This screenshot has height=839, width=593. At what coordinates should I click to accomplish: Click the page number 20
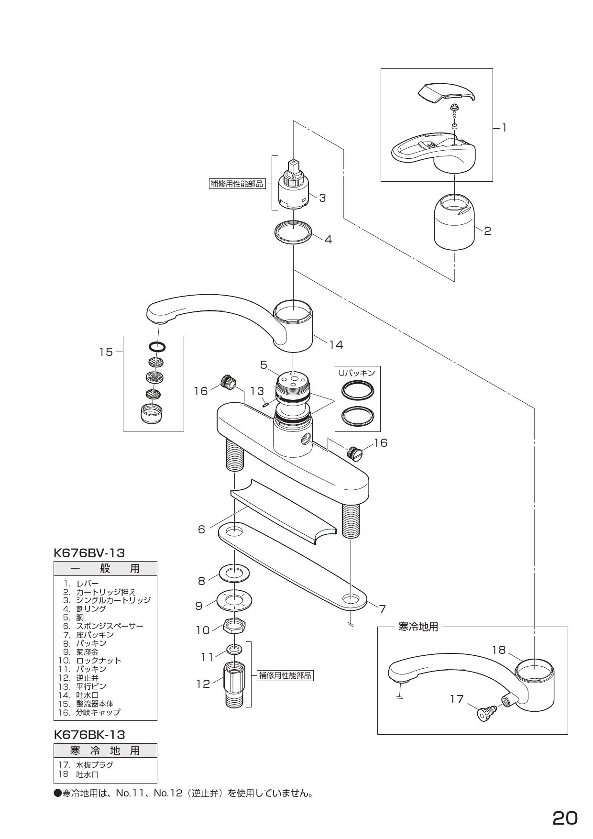tap(565, 805)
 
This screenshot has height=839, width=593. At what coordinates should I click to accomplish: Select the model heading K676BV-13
tap(89, 553)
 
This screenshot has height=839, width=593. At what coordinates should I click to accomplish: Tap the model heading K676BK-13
tap(89, 734)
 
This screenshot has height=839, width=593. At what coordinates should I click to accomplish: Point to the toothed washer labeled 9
tap(234, 600)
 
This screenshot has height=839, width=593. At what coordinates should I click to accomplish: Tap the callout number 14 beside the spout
tap(336, 344)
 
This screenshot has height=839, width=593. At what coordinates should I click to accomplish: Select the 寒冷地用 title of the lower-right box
tap(418, 627)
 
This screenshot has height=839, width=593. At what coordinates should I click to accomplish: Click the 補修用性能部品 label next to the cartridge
tap(237, 184)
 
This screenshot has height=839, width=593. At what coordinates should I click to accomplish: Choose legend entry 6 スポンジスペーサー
tap(103, 626)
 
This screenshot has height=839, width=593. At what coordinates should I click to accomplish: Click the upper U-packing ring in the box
tap(358, 390)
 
